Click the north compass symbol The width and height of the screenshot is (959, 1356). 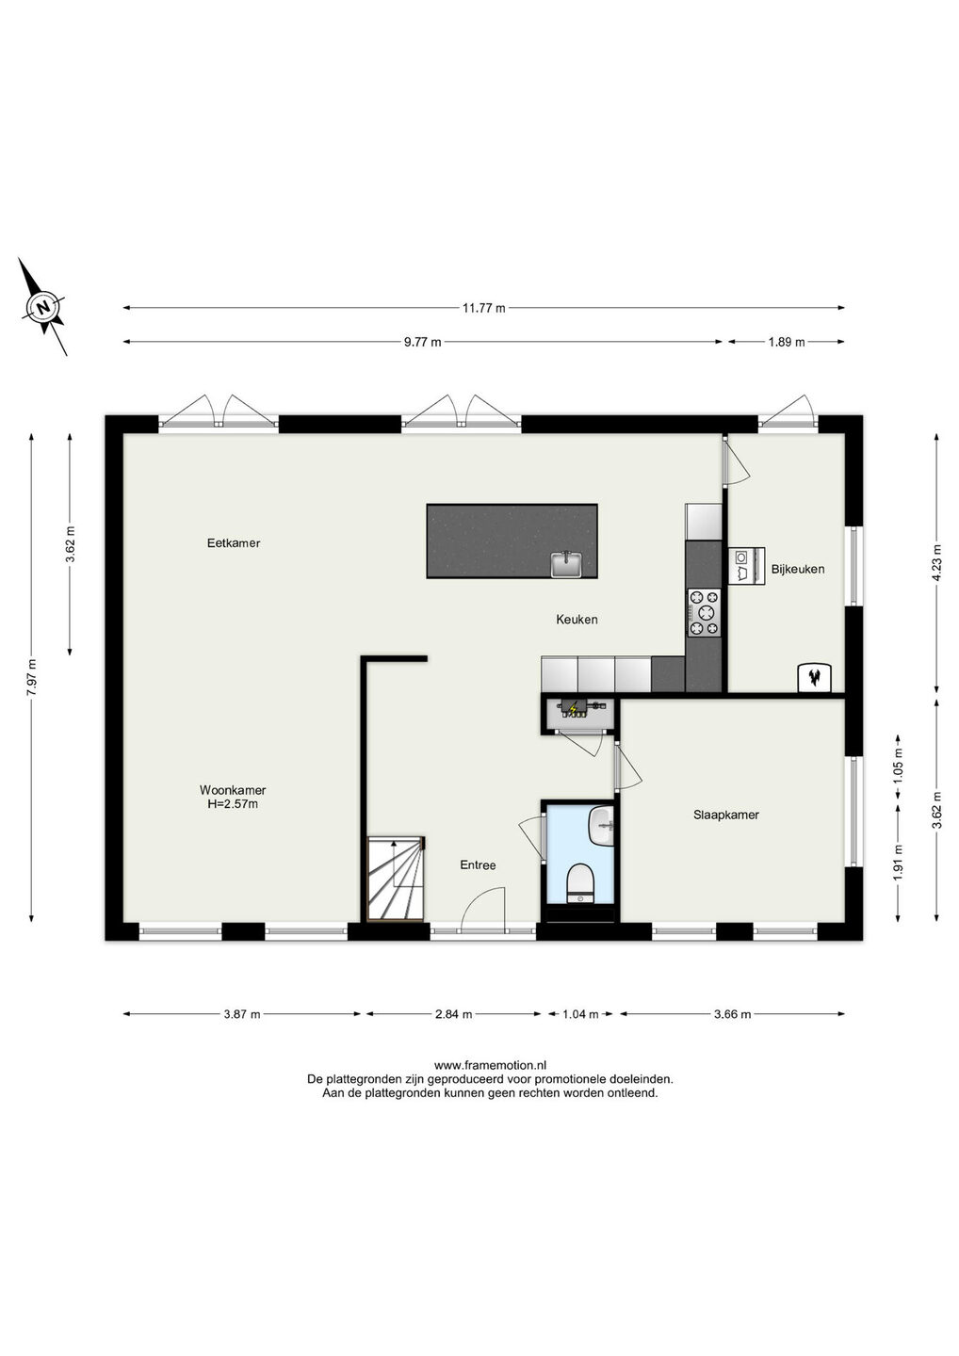[x=43, y=307]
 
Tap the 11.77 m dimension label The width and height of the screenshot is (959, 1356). [x=483, y=308]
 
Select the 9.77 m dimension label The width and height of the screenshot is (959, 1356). [x=423, y=342]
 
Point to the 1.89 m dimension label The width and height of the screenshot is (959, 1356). [x=787, y=342]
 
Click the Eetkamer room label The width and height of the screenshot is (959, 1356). [x=234, y=543]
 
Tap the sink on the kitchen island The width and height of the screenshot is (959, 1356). [x=567, y=564]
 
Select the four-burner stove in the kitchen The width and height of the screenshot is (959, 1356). [x=705, y=613]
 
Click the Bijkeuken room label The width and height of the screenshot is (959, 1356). [x=797, y=569]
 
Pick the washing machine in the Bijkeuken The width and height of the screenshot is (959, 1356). [x=746, y=565]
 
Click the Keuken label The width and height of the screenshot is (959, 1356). [x=577, y=620]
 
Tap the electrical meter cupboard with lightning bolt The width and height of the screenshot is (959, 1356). [x=578, y=714]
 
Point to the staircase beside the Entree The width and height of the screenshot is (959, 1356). [x=396, y=885]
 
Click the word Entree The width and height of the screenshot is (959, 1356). [x=478, y=865]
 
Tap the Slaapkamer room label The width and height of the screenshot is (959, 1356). [x=726, y=815]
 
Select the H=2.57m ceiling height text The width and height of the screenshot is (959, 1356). [x=233, y=804]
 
